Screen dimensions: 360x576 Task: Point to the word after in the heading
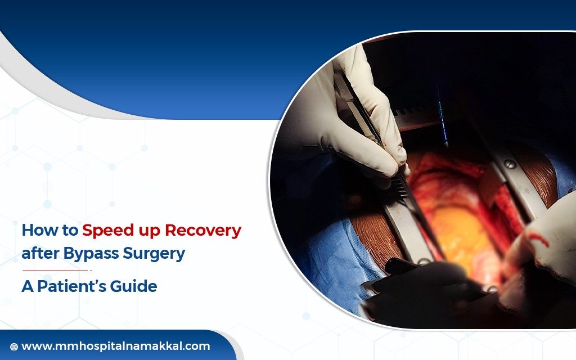[x=41, y=254]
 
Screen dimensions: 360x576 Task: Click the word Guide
[x=136, y=286]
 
